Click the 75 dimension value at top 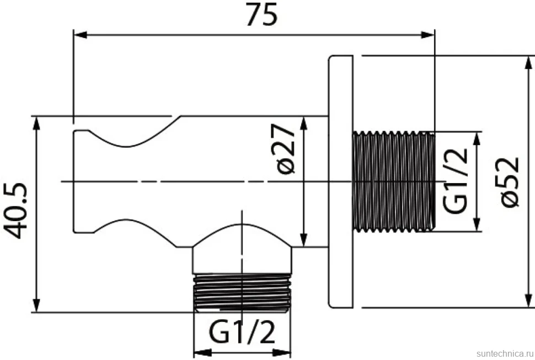[x=261, y=15]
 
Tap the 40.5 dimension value [x=15, y=211]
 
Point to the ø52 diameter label [x=510, y=181]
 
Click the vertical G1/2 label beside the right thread [x=456, y=181]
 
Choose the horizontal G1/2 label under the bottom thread [x=242, y=333]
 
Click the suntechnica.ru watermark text [x=505, y=353]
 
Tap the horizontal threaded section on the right [x=394, y=181]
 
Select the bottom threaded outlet [x=242, y=293]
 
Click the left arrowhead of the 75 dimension [x=81, y=35]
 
